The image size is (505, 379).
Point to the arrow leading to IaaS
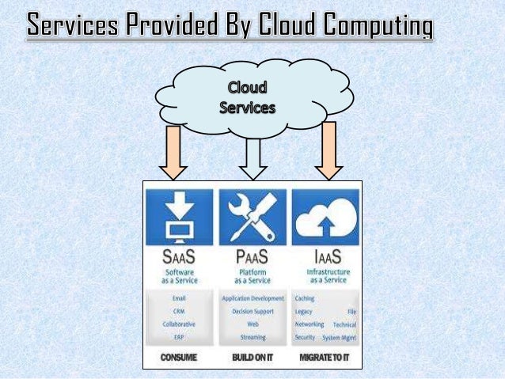coord(328,150)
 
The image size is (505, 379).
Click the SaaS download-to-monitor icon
coord(179,217)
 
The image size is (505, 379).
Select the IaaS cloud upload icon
coord(325,217)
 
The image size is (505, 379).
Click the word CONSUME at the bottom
coord(179,358)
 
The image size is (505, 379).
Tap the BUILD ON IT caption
coord(252,358)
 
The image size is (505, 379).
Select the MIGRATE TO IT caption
coord(325,358)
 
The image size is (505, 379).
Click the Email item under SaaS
coord(179,299)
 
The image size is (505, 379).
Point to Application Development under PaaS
coord(252,299)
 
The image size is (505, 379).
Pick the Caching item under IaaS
coord(304,299)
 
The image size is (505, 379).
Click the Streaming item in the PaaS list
coord(252,336)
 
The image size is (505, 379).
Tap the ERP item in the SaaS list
coord(179,336)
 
